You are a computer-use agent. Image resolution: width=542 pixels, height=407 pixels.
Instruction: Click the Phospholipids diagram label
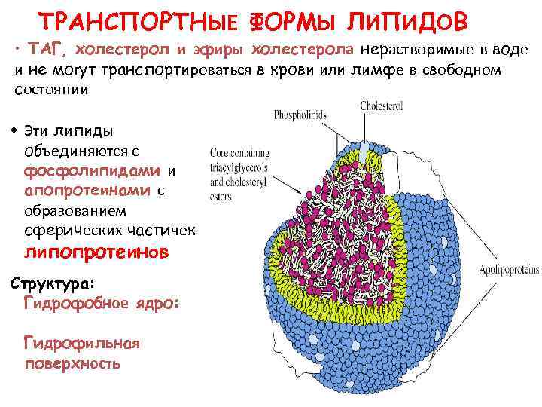coord(298,117)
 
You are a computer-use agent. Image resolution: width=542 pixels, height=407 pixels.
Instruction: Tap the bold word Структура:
coord(51,283)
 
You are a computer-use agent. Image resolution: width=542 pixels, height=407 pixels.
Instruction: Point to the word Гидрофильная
coord(82,344)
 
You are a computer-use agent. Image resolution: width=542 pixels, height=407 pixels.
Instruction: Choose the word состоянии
coord(51,90)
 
